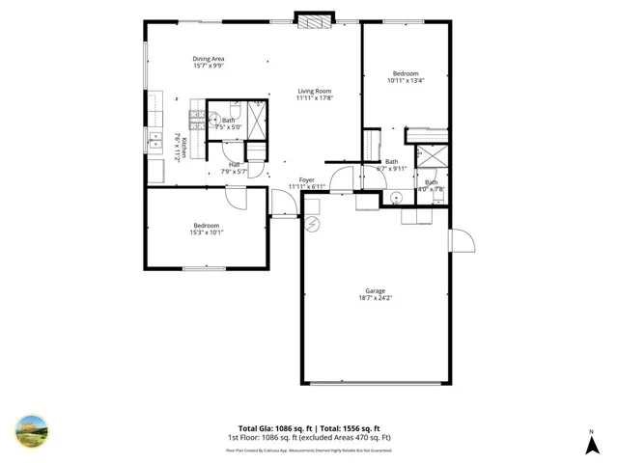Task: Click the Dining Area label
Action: [x=208, y=59]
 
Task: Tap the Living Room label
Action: [x=314, y=91]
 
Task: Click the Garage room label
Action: [x=375, y=290]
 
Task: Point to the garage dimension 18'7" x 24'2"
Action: [x=375, y=298]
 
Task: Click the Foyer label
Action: [x=306, y=179]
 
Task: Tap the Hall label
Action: [x=234, y=165]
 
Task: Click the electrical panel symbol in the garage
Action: [x=311, y=224]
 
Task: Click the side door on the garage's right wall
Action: [x=461, y=240]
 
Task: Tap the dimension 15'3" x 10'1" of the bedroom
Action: [x=206, y=232]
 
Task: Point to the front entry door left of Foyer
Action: [x=283, y=204]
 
